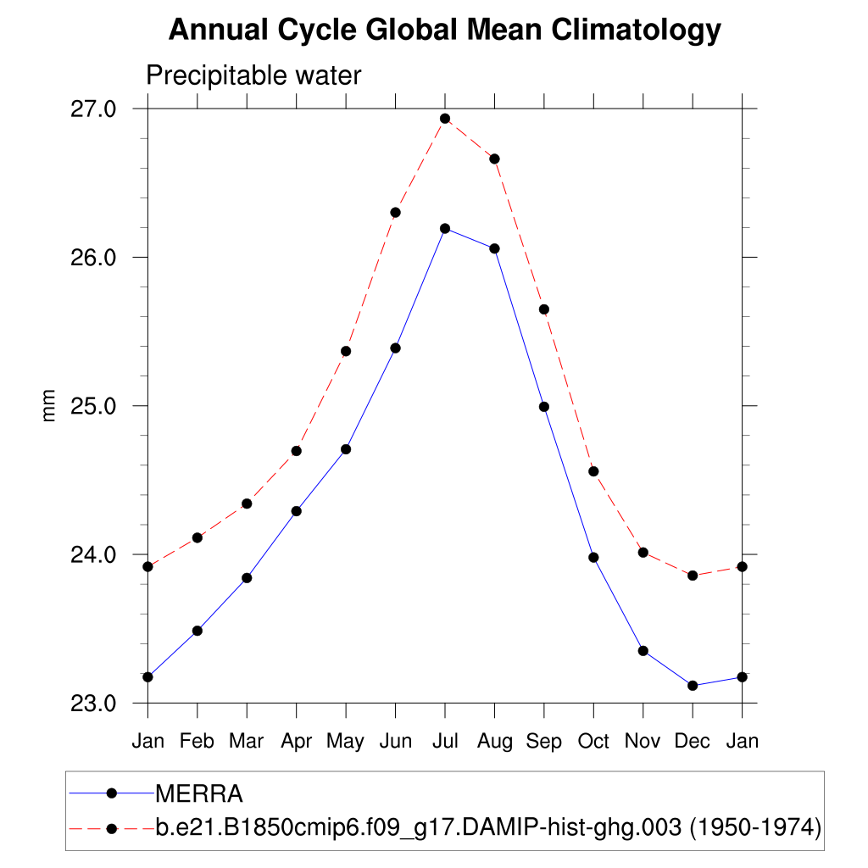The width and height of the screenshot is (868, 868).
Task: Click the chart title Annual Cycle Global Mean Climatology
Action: coord(444,31)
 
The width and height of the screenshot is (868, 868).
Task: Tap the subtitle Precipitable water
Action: coord(253,75)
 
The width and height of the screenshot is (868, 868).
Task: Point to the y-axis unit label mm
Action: coord(49,405)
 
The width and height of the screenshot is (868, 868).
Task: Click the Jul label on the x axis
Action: coord(445,741)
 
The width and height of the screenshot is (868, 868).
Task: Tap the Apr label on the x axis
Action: coord(296,741)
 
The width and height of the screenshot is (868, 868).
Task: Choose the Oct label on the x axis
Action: coord(593,741)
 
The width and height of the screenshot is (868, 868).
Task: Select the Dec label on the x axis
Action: coord(693,741)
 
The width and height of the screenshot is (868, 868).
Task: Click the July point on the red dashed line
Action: coord(445,119)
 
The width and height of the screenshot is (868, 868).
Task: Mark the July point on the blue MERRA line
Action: coord(445,228)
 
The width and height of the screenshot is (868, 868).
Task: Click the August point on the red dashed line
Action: coord(494,159)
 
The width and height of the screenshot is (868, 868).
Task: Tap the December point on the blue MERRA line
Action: coord(693,685)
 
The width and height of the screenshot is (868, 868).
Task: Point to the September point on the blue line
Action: coord(544,407)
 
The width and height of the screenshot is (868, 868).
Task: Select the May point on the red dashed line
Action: coord(346,351)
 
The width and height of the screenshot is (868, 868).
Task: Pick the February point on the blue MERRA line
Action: coord(198,631)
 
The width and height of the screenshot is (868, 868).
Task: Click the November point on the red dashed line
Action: coord(643,553)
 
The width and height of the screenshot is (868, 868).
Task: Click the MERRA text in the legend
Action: coord(199,794)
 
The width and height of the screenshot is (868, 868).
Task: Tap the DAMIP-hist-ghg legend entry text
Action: coord(488,826)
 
